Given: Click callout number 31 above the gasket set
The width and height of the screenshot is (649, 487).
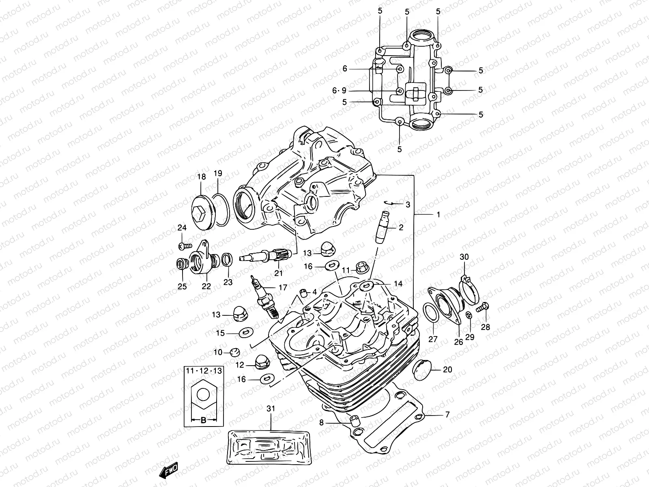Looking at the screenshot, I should (x=271, y=409).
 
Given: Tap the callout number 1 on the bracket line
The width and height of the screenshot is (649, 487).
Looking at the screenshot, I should (x=438, y=214).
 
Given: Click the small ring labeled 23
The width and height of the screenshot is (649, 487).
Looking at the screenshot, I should (x=228, y=260).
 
